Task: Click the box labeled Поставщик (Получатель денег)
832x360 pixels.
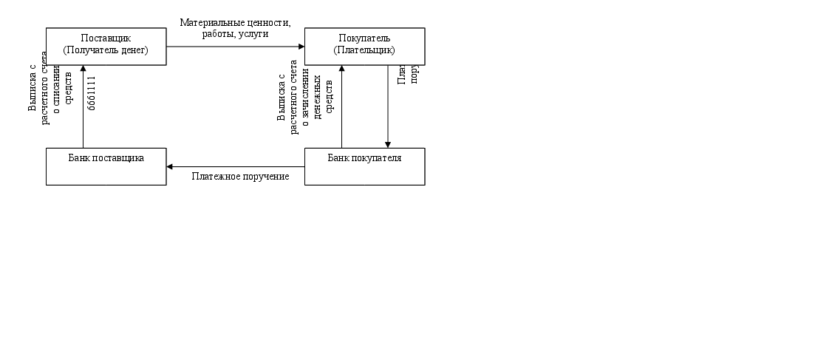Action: [x=106, y=46]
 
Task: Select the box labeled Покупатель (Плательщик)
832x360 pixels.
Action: [x=364, y=46]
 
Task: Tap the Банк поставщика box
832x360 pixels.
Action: [x=106, y=166]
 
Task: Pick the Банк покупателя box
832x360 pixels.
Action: [x=364, y=166]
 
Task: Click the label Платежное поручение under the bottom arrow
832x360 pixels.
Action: [x=240, y=177]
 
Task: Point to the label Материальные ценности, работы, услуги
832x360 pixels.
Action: [x=235, y=28]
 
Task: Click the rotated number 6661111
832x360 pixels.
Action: [x=92, y=92]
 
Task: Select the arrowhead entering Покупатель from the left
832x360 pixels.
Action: [x=301, y=46]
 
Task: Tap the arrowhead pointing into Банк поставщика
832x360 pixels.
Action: [x=170, y=166]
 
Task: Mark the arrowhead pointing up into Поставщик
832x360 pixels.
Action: [x=83, y=69]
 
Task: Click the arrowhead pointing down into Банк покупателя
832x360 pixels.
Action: [x=388, y=144]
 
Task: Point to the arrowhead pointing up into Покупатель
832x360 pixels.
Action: [x=341, y=69]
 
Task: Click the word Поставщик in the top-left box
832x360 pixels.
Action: [x=106, y=38]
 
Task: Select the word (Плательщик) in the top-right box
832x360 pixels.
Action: [x=364, y=50]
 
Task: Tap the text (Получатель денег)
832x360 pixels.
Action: [x=106, y=50]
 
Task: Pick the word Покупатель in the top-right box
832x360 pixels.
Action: [x=364, y=38]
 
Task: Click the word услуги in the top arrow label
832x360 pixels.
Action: [x=253, y=33]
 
